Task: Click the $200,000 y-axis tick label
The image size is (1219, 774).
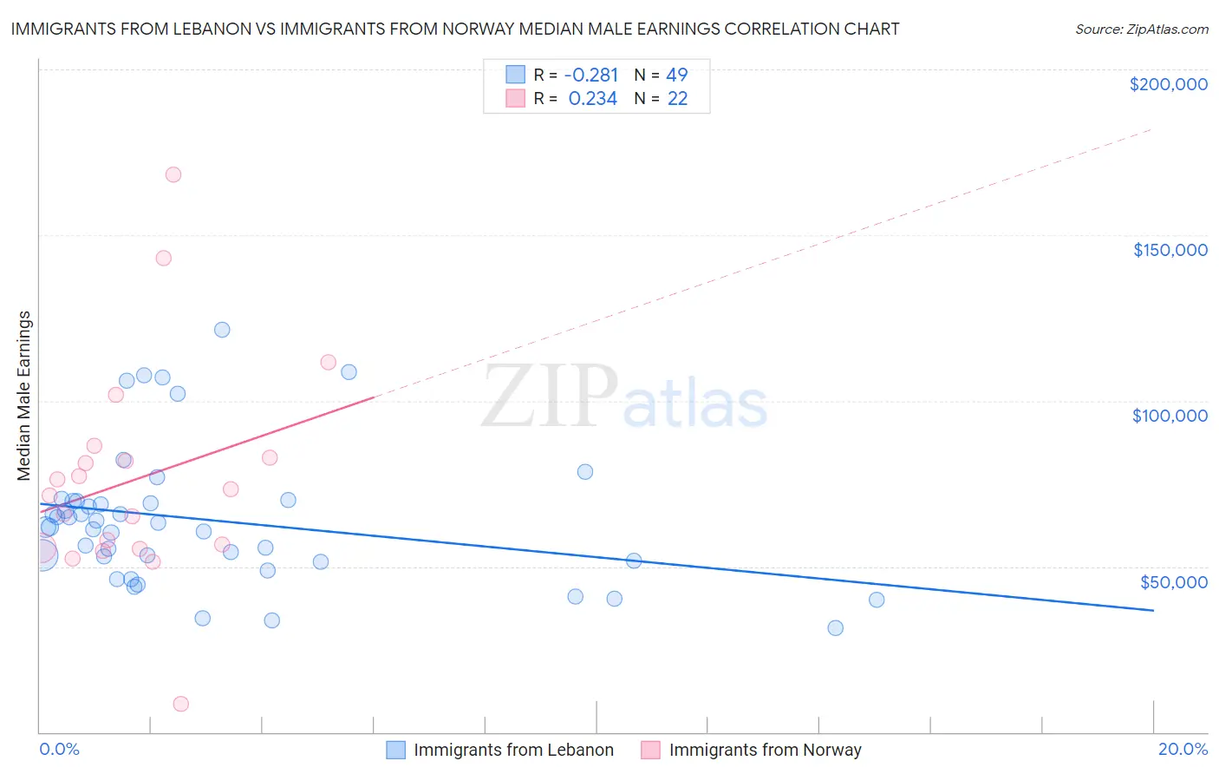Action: pyautogui.click(x=1168, y=84)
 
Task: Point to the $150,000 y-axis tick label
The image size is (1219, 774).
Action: pyautogui.click(x=1170, y=250)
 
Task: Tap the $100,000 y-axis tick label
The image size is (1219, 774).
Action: pyautogui.click(x=1170, y=416)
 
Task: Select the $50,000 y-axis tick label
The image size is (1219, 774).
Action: pyautogui.click(x=1173, y=582)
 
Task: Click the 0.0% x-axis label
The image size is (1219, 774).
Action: pyautogui.click(x=59, y=749)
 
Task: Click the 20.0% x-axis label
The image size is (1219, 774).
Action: pyautogui.click(x=1183, y=749)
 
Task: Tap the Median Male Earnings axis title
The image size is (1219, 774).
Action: pyautogui.click(x=24, y=396)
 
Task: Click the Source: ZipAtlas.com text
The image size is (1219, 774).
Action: pyautogui.click(x=1141, y=30)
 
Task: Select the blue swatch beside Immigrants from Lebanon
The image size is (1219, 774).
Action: pyautogui.click(x=396, y=750)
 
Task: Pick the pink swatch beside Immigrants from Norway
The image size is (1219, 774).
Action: pyautogui.click(x=651, y=750)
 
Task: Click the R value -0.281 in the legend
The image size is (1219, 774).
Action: pyautogui.click(x=591, y=75)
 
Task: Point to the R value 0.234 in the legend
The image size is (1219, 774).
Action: pyautogui.click(x=593, y=99)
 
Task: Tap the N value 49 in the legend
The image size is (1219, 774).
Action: pyautogui.click(x=676, y=75)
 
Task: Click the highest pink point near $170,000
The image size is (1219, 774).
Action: pyautogui.click(x=173, y=174)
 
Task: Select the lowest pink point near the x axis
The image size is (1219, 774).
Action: pyautogui.click(x=181, y=704)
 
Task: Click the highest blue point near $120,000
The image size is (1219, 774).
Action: pyautogui.click(x=222, y=330)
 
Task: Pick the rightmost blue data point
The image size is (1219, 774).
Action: pyautogui.click(x=877, y=600)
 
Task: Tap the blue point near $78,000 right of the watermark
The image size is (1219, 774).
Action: pyautogui.click(x=585, y=472)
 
